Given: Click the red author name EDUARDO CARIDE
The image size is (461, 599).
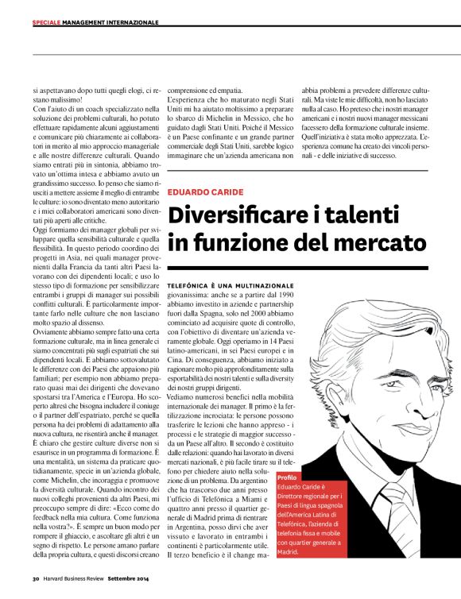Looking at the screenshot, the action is pos(201,191).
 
